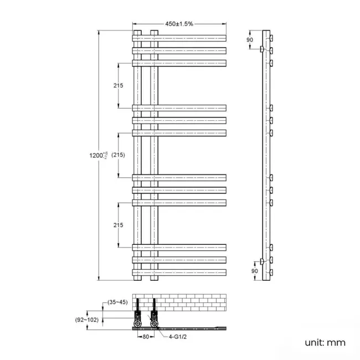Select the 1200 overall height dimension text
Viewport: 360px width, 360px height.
97,156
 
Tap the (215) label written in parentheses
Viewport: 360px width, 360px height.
117,155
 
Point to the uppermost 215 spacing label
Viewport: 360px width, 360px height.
117,86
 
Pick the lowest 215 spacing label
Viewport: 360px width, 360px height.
117,225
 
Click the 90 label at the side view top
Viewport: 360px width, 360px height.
249,40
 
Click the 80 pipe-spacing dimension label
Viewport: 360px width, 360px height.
145,336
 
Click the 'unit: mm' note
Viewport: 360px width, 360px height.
325,343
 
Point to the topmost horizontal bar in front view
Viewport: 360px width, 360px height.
179,38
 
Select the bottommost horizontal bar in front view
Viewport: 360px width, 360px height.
179,272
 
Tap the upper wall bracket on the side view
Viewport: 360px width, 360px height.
261,50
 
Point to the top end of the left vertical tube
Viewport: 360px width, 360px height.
137,30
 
